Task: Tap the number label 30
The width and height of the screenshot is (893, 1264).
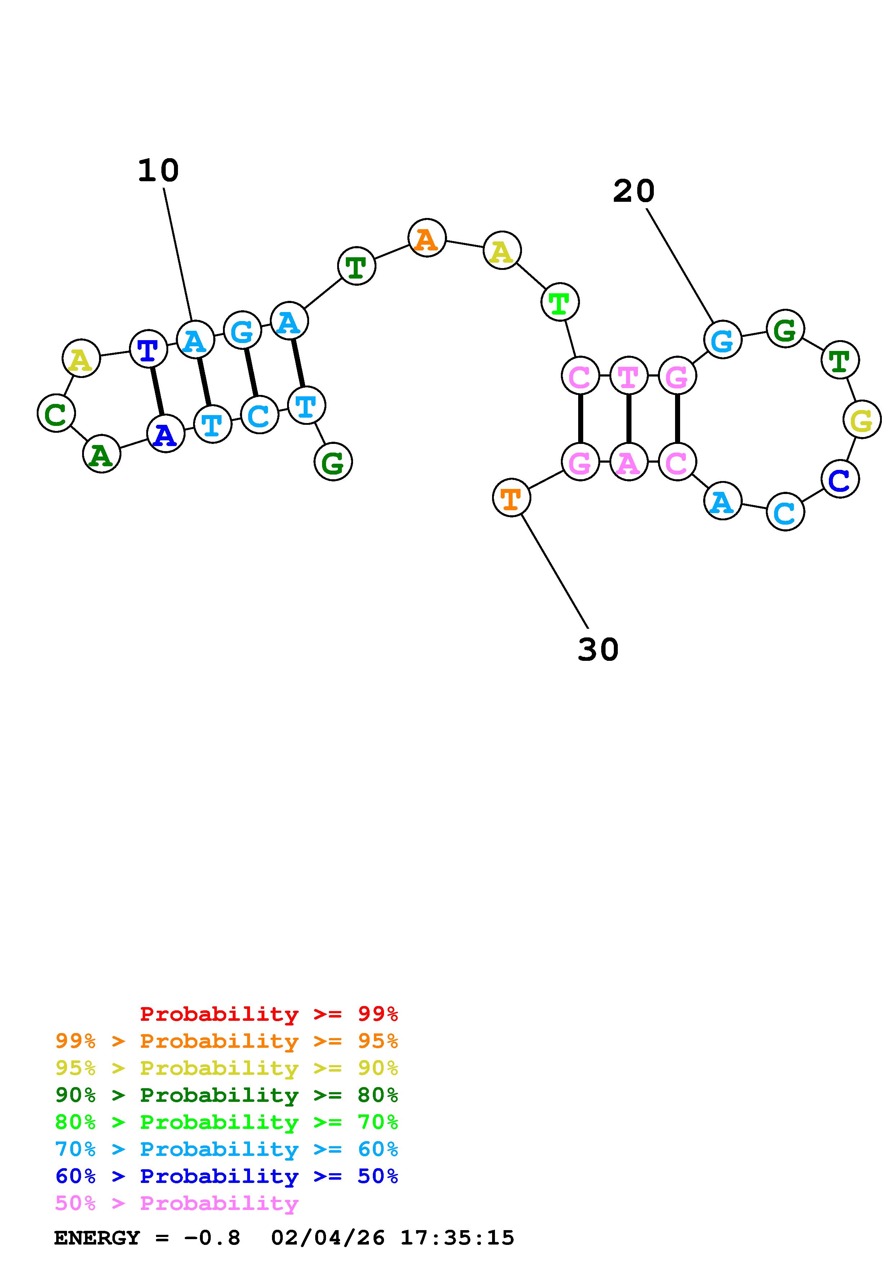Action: click(598, 650)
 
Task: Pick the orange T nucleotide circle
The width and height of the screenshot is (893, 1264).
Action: click(511, 498)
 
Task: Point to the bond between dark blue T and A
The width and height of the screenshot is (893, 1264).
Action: click(157, 391)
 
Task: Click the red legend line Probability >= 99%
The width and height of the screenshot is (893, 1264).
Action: click(268, 1014)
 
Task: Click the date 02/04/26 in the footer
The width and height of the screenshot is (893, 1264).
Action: click(327, 1238)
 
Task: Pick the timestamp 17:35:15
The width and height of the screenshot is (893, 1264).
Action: click(457, 1238)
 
